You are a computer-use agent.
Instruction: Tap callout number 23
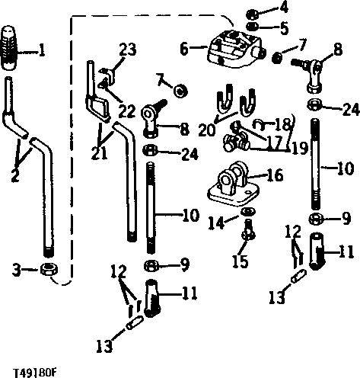pos(129,49)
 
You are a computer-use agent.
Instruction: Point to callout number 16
pos(276,175)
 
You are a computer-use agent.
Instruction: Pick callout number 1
pos(43,51)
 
